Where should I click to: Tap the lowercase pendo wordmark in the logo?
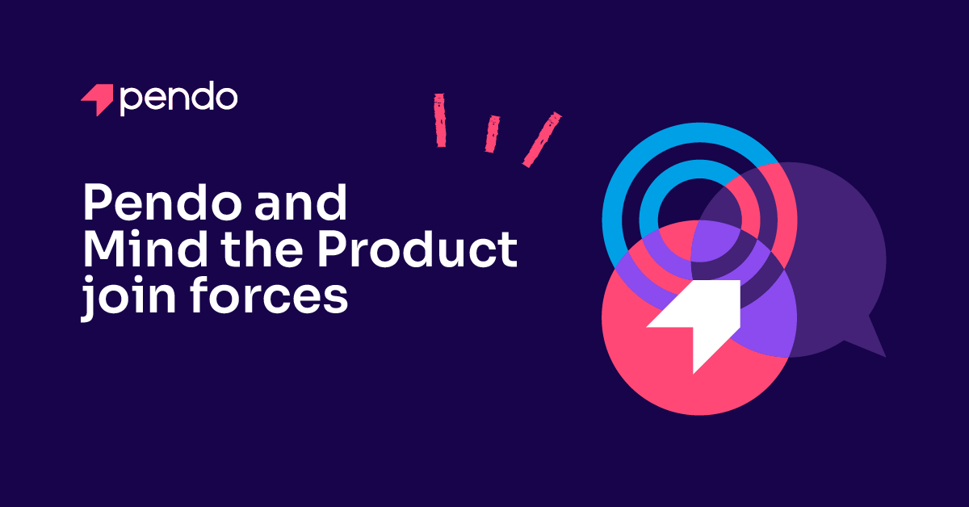tap(178, 98)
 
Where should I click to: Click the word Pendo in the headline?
tap(162, 202)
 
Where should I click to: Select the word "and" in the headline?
tap(301, 202)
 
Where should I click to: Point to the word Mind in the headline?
tap(145, 249)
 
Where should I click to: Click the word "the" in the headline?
tap(262, 249)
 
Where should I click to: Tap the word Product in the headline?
tap(417, 249)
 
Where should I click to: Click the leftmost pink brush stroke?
tap(440, 120)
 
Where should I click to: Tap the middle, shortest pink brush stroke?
tap(493, 134)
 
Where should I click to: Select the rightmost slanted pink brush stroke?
tap(542, 140)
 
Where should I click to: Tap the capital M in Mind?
tap(105, 249)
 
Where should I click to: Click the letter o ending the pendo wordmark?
tap(227, 98)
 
